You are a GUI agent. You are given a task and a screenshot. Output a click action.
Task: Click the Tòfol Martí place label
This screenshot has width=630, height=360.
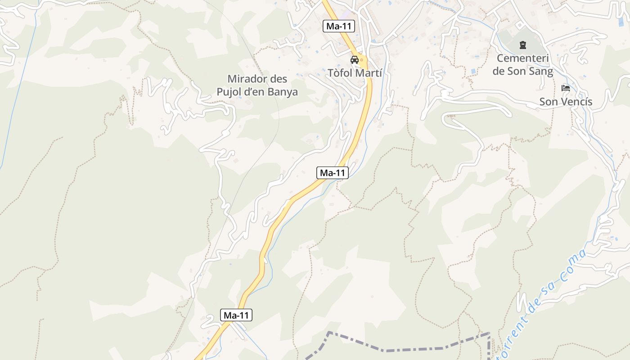point(355,72)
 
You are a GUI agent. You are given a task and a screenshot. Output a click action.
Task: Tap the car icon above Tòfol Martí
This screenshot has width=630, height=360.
point(355,60)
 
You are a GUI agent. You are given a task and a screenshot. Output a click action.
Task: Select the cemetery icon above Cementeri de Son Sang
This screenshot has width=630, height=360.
point(522,45)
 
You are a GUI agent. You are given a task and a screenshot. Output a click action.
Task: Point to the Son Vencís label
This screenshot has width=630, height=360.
point(566,102)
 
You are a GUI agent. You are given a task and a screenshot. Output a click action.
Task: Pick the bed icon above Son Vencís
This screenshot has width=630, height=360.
point(566,88)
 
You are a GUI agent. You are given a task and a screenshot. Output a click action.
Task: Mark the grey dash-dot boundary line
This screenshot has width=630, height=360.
point(405,350)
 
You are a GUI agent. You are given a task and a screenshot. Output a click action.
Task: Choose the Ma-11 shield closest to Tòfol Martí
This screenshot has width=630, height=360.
point(339,26)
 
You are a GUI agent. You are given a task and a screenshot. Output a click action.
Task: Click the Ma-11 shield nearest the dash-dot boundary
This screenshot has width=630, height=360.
point(236,315)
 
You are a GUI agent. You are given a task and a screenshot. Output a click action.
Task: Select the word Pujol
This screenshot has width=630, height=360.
point(232,92)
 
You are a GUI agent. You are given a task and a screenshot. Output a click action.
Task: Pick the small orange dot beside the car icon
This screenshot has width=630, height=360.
point(361,60)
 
